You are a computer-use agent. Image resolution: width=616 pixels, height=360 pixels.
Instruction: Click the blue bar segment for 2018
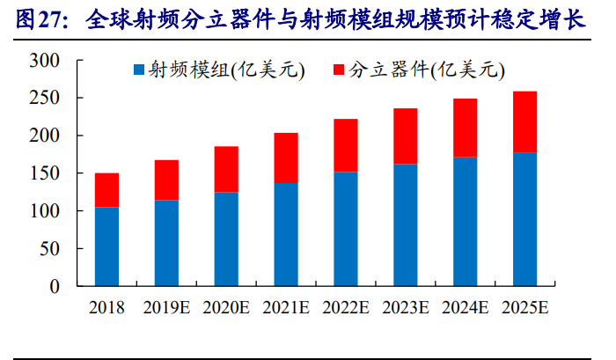(x=106, y=246)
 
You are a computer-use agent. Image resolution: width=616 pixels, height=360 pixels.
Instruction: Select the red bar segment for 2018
(x=106, y=190)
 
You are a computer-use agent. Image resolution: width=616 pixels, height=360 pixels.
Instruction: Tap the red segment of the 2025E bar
(x=524, y=122)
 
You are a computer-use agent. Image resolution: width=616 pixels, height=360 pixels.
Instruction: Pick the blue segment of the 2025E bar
(x=524, y=219)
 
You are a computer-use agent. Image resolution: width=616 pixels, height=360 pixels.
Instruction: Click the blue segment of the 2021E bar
(x=286, y=234)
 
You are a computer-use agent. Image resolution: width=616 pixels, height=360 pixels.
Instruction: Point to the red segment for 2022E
(x=346, y=145)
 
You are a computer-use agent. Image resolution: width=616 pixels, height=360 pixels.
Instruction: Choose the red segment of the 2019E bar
(x=166, y=180)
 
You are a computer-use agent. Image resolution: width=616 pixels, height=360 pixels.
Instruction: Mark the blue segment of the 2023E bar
(x=405, y=224)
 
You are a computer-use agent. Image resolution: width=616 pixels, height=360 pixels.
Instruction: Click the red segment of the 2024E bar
(x=465, y=129)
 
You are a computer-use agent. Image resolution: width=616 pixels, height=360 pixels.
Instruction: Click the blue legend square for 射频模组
(x=138, y=70)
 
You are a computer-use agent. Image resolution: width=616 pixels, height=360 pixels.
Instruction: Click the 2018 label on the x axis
(x=106, y=308)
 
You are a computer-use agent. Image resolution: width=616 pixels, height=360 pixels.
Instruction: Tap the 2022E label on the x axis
(x=346, y=308)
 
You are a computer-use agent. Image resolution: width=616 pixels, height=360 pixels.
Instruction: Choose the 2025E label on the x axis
(x=524, y=308)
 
